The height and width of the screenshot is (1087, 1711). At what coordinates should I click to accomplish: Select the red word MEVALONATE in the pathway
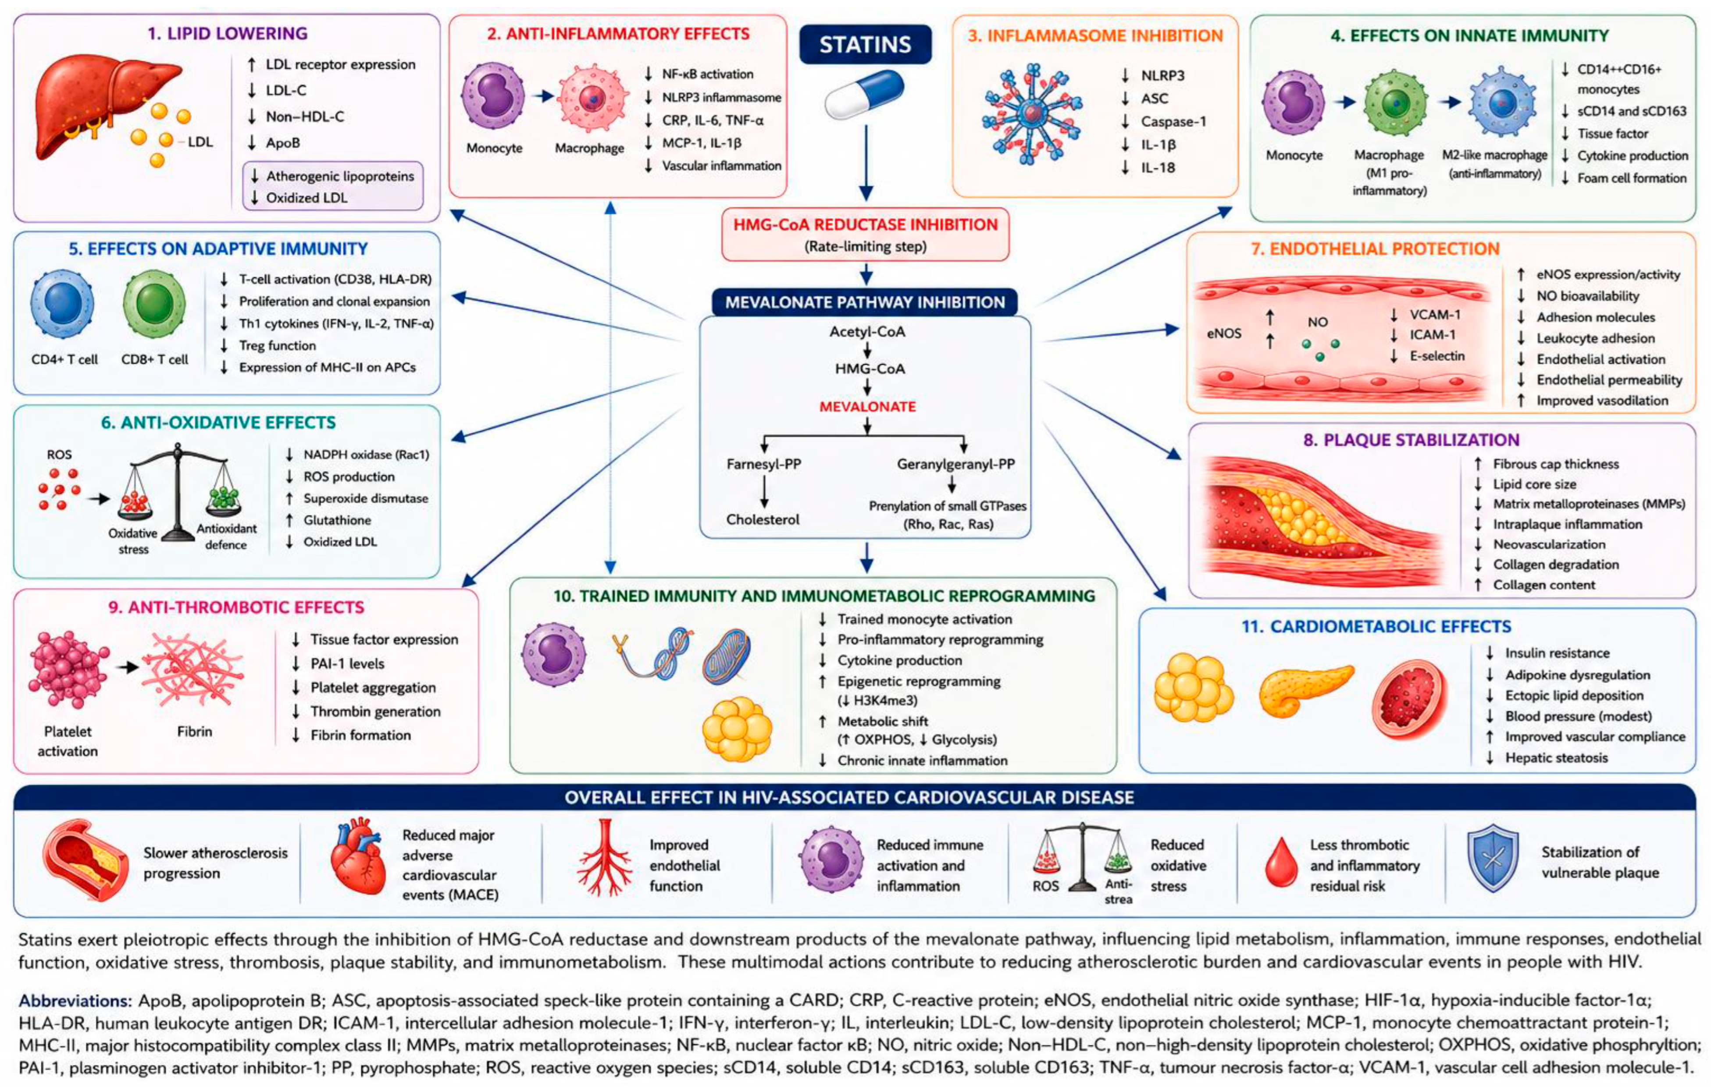click(868, 406)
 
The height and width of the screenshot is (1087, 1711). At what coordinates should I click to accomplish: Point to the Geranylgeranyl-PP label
click(955, 464)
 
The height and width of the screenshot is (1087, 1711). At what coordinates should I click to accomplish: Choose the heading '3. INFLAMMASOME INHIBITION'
click(1095, 36)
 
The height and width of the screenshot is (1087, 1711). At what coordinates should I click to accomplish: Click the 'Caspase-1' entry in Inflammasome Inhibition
click(1173, 121)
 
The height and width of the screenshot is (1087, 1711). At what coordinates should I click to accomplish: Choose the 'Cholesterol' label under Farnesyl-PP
click(763, 519)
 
